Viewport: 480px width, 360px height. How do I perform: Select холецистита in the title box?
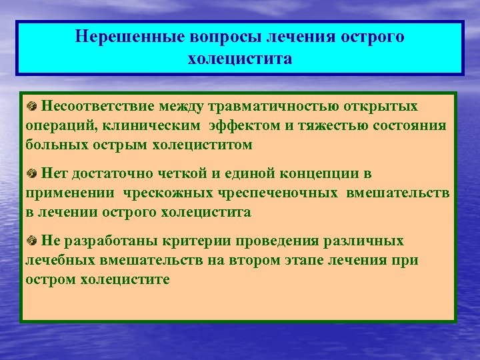pyautogui.click(x=240, y=59)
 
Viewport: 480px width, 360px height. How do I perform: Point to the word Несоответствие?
pyautogui.click(x=96, y=106)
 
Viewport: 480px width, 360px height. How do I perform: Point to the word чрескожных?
pyautogui.click(x=169, y=193)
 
